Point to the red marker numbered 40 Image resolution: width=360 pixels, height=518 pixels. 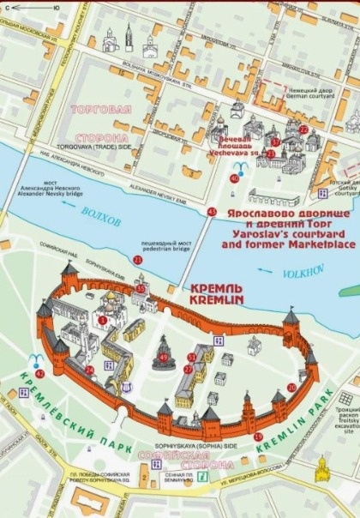[234, 178]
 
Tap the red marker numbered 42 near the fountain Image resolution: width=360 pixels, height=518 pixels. [39, 373]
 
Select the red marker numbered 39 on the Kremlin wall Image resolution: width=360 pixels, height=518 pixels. [258, 437]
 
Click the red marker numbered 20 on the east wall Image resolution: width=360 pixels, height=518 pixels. [291, 387]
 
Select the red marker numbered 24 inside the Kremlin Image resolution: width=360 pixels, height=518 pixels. [89, 370]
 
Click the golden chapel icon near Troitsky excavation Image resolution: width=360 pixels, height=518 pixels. [322, 469]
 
